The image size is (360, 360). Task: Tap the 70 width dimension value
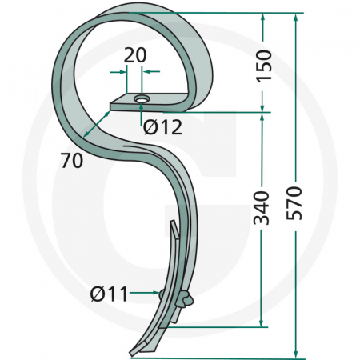[x=71, y=160]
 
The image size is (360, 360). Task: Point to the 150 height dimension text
[x=264, y=66]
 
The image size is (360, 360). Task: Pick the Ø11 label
[x=109, y=294]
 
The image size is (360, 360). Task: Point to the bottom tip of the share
[x=133, y=352]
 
